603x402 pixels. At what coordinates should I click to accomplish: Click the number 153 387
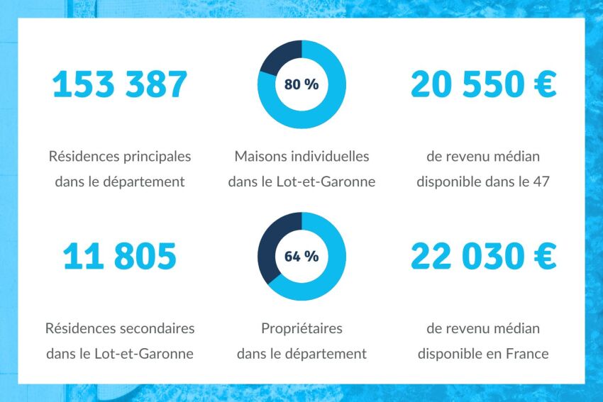[x=120, y=84]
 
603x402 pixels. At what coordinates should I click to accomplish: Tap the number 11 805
[x=120, y=256]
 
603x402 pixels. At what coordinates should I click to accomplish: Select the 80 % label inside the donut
[x=301, y=84]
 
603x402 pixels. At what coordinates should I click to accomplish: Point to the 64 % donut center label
[x=301, y=257]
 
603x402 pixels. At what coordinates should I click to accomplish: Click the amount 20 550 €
[x=483, y=84]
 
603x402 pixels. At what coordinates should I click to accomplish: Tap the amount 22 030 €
[x=483, y=256]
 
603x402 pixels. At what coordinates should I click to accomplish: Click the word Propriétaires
[x=301, y=329]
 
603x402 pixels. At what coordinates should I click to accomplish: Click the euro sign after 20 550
[x=543, y=84]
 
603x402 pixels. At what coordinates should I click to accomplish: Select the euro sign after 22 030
[x=543, y=256]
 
